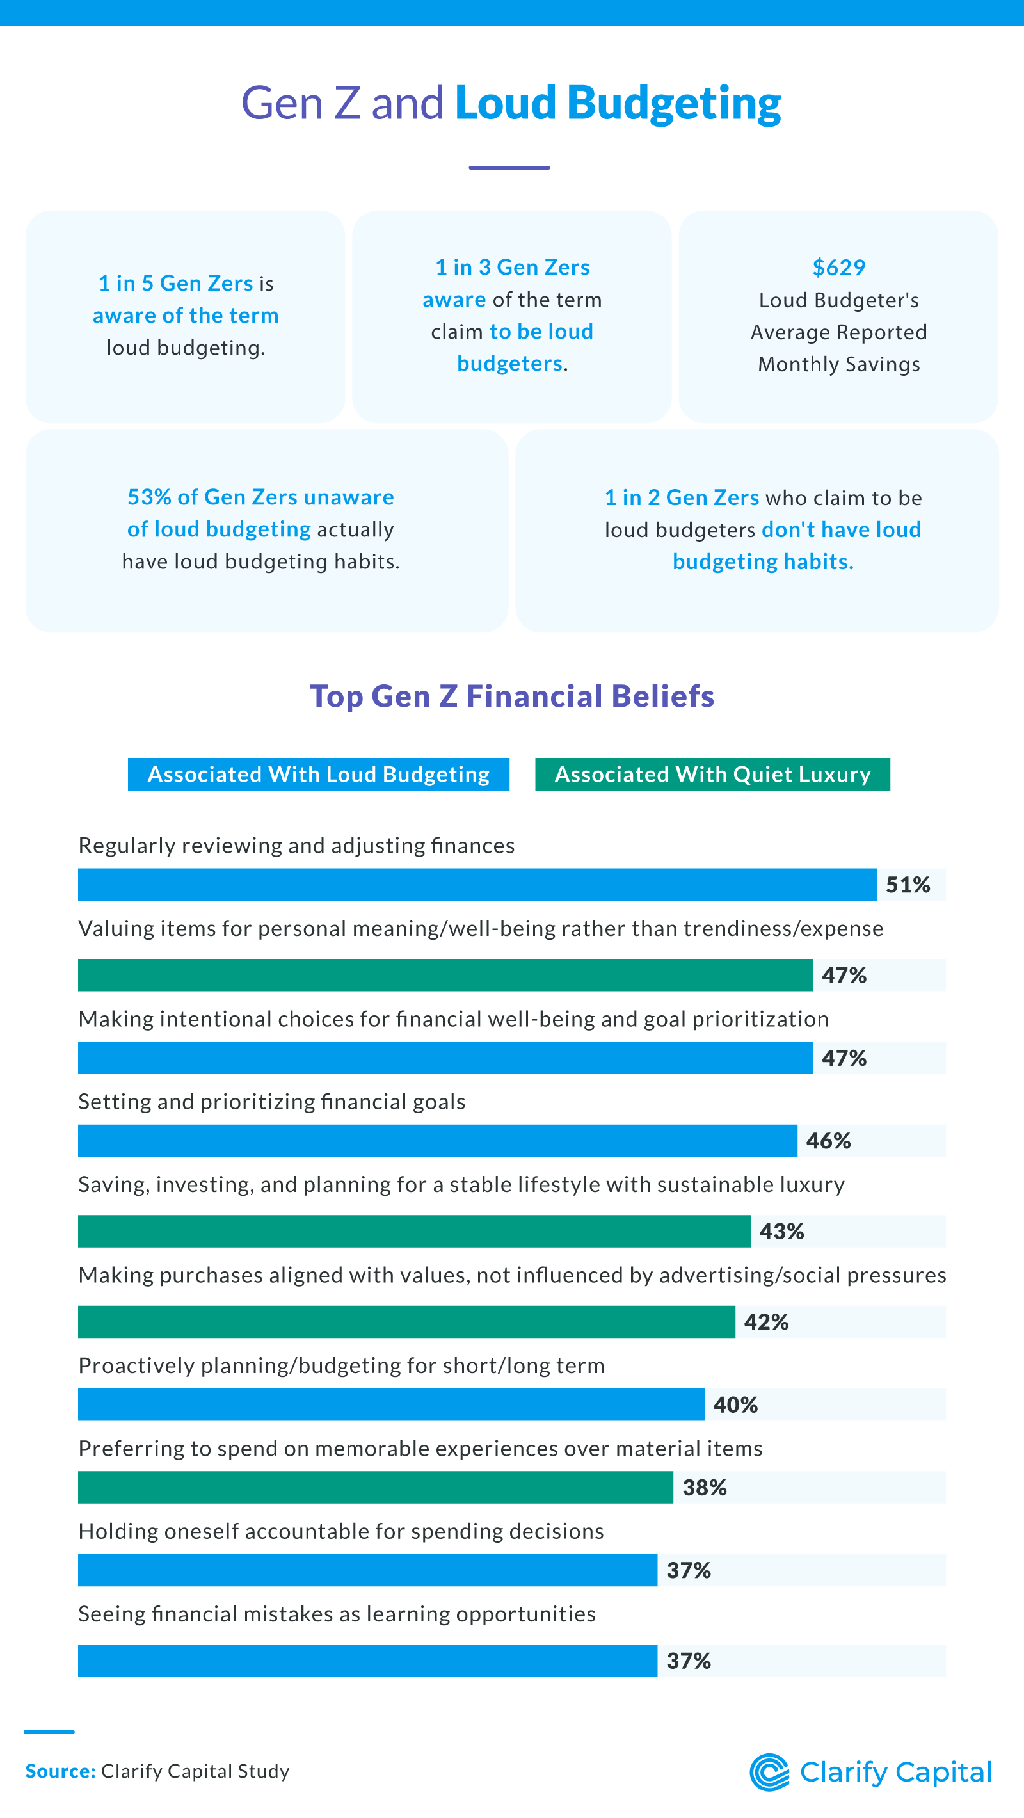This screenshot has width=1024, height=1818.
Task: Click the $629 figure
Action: coord(838,268)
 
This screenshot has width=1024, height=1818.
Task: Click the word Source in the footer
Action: coord(60,1771)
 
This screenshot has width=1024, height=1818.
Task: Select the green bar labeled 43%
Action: coord(413,1231)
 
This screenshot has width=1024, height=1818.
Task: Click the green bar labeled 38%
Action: coord(375,1487)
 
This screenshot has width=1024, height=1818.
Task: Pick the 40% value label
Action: coord(735,1404)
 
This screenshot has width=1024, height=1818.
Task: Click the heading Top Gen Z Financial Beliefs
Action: coord(511,696)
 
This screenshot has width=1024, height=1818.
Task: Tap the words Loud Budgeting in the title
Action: coord(618,103)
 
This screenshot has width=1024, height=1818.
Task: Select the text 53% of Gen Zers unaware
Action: coord(260,497)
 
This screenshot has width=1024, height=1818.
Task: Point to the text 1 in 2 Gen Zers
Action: coord(681,497)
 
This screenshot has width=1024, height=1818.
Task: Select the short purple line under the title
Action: coord(509,167)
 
